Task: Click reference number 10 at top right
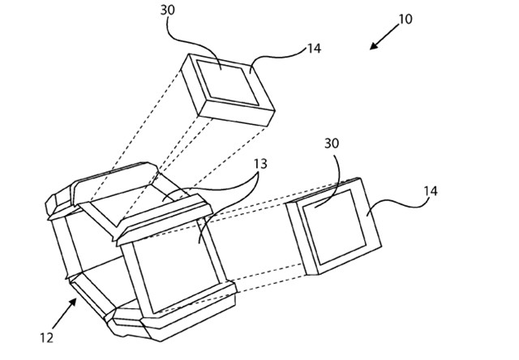[405, 19]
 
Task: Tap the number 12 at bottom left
[47, 338]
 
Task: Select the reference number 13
[260, 164]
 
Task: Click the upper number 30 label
[168, 11]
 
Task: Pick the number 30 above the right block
[332, 144]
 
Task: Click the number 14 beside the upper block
[314, 49]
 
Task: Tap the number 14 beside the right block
[431, 191]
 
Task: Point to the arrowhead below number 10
[374, 45]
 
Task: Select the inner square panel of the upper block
[228, 83]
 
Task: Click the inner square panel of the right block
[333, 227]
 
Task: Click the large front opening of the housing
[177, 267]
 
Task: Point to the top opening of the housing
[139, 204]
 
